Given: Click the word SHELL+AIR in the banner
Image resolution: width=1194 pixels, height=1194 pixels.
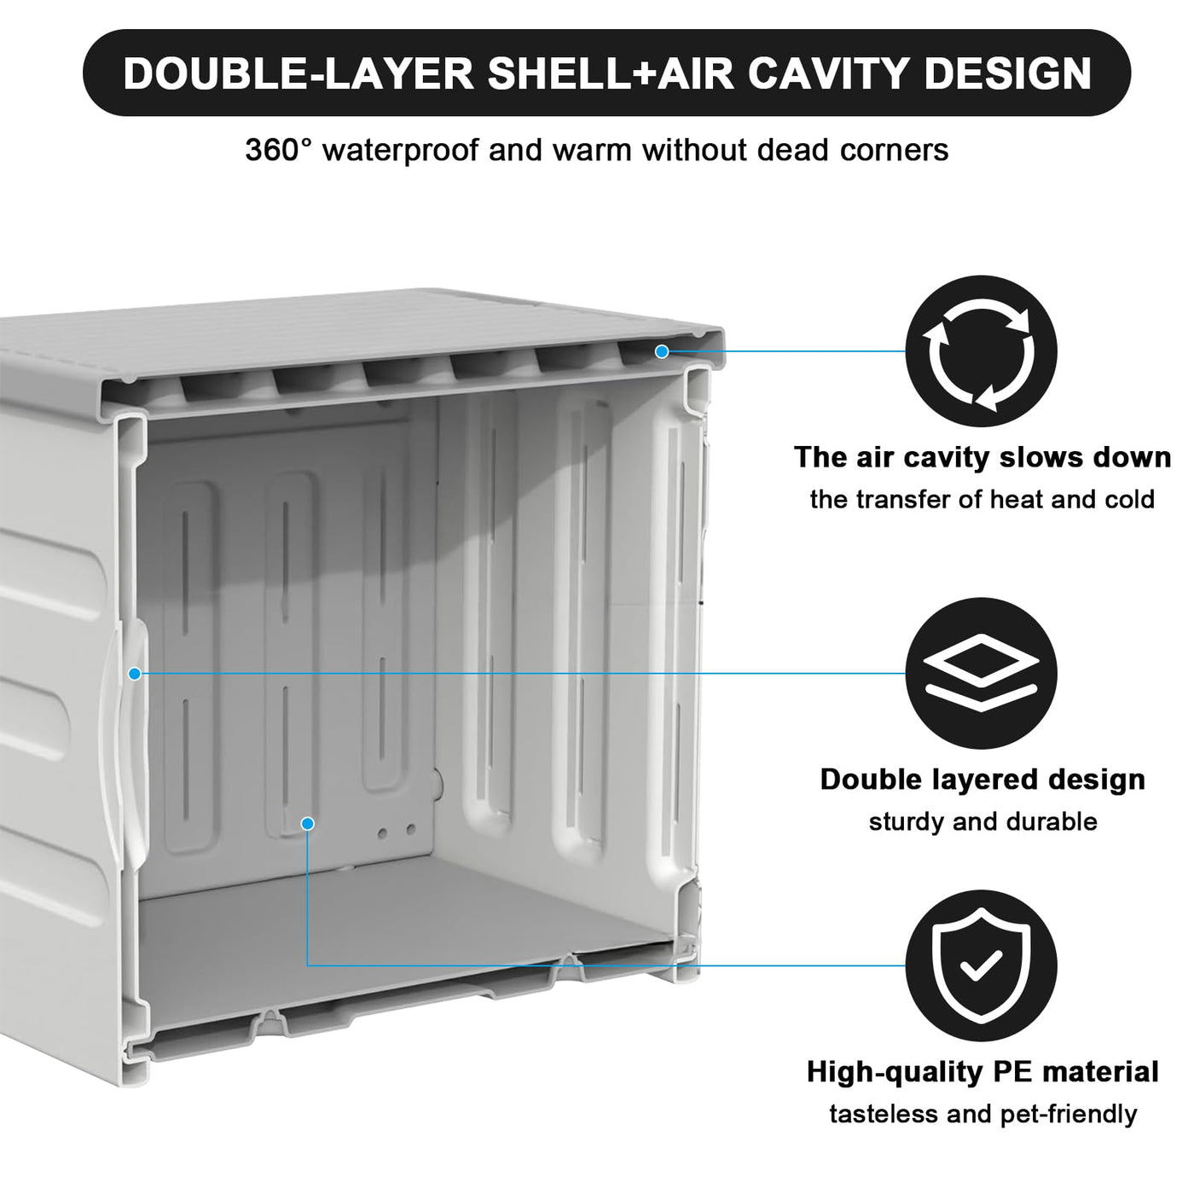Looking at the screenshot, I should click(x=611, y=73).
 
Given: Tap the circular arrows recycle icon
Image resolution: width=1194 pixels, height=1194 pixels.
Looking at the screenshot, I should click(x=981, y=351).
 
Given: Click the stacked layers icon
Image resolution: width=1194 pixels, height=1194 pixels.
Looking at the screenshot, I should click(x=981, y=673).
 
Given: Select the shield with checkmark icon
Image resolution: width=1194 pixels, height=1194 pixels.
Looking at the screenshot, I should click(x=981, y=965).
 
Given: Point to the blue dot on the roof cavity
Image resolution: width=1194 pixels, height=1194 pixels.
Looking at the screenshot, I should click(x=662, y=351).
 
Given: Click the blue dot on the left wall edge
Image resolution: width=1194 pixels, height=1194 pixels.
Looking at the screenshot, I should click(x=135, y=674).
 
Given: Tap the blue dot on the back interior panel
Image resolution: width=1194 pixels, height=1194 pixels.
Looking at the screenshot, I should click(x=308, y=823).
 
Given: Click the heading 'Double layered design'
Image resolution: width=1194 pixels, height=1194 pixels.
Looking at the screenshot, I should click(x=982, y=780).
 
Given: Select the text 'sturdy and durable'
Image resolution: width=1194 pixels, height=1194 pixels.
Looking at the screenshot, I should click(x=982, y=822).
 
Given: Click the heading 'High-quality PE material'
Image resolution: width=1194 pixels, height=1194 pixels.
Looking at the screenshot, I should click(x=982, y=1072).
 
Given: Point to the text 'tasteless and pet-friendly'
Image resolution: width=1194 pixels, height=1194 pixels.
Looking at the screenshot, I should click(x=982, y=1114).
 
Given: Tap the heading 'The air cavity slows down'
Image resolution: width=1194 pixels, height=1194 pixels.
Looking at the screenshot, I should click(x=982, y=458).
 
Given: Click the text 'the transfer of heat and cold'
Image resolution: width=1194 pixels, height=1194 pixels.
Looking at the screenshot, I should click(x=982, y=499).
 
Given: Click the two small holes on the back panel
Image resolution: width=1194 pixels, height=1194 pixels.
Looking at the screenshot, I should click(x=397, y=831).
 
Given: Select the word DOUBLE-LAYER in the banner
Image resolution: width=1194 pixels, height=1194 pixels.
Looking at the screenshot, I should click(x=298, y=73).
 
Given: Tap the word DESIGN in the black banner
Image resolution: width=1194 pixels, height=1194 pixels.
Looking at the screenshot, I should click(x=1008, y=73).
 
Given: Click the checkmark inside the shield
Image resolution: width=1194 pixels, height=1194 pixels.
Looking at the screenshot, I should click(x=981, y=965).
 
